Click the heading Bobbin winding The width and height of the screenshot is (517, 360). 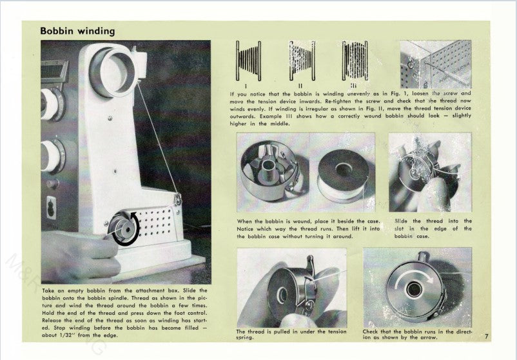coord(77,30)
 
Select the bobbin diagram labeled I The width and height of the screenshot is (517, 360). coord(248,61)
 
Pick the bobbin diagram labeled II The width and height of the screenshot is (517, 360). coord(302,61)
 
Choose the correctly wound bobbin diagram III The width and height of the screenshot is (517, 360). coord(355,61)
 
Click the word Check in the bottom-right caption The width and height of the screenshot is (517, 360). coord(373,331)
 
